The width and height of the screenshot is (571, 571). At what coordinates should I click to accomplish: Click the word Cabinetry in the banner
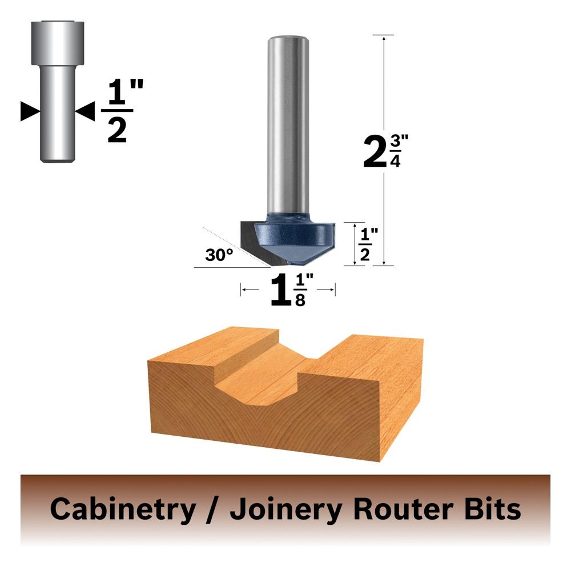(123, 509)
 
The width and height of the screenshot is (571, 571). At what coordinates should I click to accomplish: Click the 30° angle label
(219, 255)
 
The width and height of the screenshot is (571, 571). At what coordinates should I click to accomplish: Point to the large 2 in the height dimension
(375, 151)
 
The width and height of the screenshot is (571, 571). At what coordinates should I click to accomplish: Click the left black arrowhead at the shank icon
(30, 111)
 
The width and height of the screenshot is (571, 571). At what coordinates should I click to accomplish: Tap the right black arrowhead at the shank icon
(85, 111)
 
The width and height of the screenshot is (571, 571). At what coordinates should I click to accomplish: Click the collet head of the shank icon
(58, 43)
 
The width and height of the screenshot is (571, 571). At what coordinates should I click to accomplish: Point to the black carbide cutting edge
(255, 243)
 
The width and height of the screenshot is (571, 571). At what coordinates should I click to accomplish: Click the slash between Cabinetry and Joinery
(212, 510)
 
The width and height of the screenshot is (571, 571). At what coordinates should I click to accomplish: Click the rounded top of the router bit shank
(288, 39)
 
